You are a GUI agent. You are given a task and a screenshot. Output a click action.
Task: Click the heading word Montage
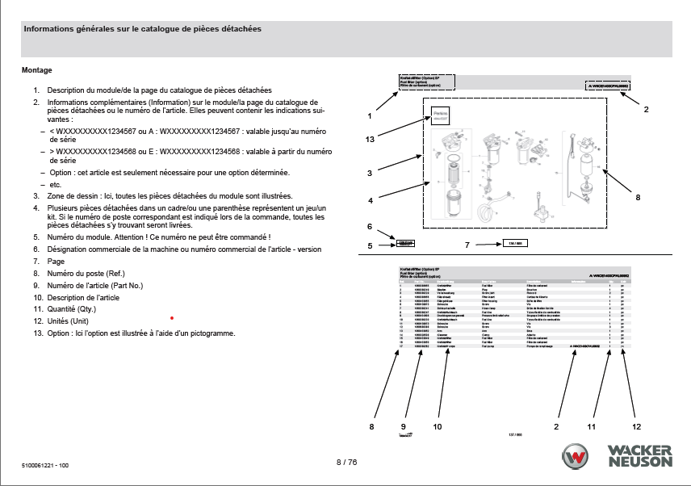coord(36,70)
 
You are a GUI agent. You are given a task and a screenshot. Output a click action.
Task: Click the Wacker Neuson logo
coord(618,456)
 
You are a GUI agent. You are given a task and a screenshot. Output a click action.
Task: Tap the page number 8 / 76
coord(345,463)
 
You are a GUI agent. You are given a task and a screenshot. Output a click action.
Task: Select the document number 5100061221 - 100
coord(45,467)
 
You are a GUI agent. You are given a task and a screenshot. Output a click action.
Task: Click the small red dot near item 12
coord(171,318)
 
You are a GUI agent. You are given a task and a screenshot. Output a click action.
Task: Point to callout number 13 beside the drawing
coord(370,139)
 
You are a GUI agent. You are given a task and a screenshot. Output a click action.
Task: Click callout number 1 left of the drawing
coord(369,115)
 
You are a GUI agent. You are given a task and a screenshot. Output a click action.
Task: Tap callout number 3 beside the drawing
coord(369,173)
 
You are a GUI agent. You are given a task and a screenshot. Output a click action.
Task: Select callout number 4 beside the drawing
coord(370,200)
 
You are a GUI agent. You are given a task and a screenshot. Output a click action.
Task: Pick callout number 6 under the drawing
coord(370,227)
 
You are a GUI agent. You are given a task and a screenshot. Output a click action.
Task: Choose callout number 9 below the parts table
coord(403,425)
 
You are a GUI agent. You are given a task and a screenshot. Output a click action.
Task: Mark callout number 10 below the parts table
coord(438,425)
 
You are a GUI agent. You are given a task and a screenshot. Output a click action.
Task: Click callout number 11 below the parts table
coord(591,425)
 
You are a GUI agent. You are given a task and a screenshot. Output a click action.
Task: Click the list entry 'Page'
coord(56,262)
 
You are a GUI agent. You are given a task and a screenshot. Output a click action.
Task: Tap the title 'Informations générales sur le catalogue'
coord(142,29)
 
